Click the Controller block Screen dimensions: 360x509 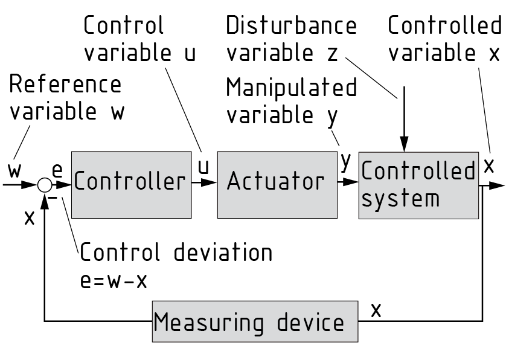point(129,184)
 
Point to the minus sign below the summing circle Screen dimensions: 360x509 point(52,198)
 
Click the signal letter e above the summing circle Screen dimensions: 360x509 point(58,172)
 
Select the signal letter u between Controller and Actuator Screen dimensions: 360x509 point(203,167)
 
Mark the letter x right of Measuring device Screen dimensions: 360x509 point(376,310)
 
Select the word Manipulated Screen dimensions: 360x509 point(292,88)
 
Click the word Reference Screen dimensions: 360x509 point(65,85)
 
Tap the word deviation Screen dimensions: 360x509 point(223,252)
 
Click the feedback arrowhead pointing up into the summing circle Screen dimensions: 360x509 point(45,198)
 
